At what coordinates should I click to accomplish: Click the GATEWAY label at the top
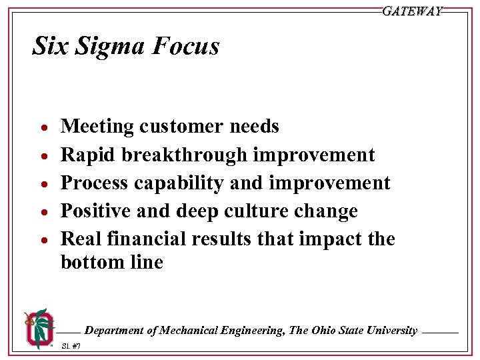412,11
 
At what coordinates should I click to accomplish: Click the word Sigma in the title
111,46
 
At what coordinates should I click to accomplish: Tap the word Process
96,183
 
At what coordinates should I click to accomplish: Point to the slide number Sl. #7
71,346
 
